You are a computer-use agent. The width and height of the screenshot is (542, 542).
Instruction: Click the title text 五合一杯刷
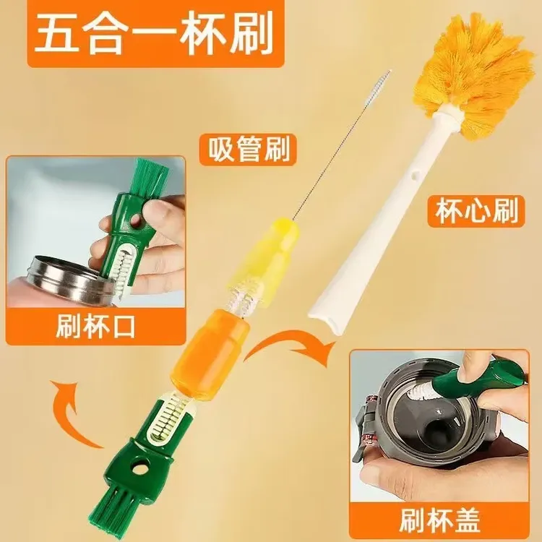(155, 34)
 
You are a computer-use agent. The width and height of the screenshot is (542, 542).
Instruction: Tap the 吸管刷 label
(249, 150)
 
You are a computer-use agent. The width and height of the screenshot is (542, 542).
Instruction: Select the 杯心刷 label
(476, 211)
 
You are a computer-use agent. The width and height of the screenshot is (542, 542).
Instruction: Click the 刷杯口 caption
(95, 327)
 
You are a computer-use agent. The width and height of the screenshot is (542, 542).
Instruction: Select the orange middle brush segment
(210, 354)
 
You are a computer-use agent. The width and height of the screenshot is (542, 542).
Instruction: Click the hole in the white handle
(414, 176)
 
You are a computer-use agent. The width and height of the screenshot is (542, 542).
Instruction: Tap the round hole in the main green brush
(139, 469)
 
